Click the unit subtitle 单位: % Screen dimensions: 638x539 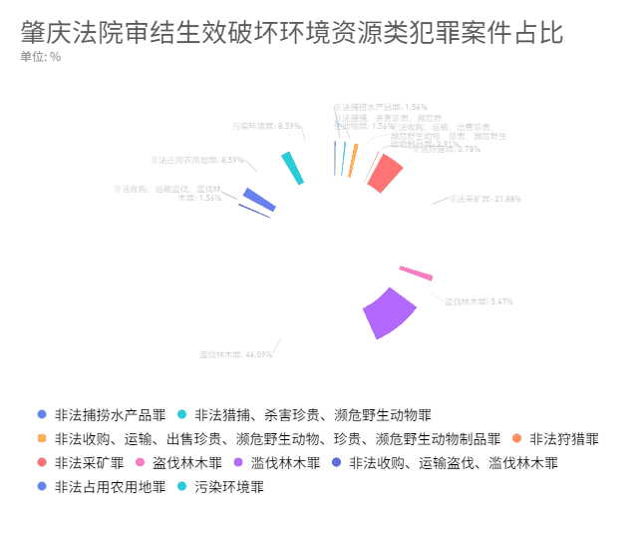(x=41, y=57)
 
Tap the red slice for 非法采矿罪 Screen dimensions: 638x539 (x=384, y=173)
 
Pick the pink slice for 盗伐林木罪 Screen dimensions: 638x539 (x=416, y=272)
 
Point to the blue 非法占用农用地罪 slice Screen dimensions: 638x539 (x=259, y=199)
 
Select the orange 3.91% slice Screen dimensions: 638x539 (x=353, y=161)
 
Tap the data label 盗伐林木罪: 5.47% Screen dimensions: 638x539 (x=478, y=301)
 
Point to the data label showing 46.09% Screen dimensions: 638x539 (x=235, y=354)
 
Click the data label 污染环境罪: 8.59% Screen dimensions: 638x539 (x=266, y=127)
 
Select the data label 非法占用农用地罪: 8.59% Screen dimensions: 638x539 (x=197, y=160)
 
